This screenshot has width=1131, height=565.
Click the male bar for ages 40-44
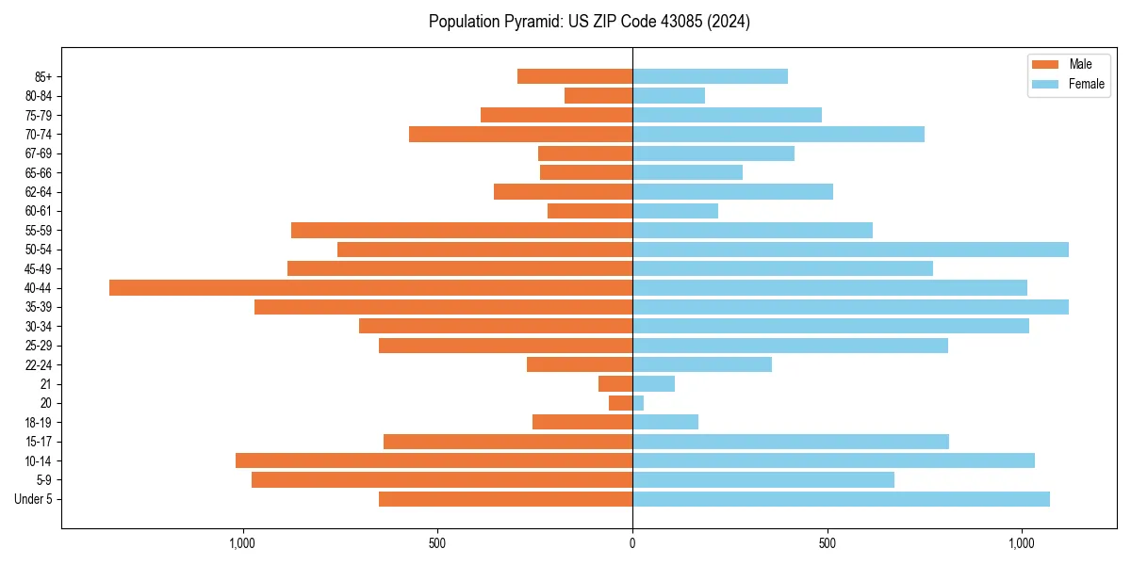point(370,288)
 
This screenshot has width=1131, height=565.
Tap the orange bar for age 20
point(621,403)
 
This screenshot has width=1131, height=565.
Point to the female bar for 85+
point(710,76)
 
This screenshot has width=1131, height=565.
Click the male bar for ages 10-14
point(434,460)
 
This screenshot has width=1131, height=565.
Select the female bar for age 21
point(653,384)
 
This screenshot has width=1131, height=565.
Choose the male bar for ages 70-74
point(520,134)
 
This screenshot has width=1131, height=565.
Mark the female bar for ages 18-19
point(665,422)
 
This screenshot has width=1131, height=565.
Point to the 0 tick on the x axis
point(632,543)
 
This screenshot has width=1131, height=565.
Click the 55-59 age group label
point(39,231)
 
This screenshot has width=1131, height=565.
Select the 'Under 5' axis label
point(33,499)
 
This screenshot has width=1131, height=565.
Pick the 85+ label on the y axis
point(44,76)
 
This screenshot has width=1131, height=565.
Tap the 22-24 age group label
point(39,365)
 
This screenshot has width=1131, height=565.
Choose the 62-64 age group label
point(39,192)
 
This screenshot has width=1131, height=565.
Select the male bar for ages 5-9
point(442,480)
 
